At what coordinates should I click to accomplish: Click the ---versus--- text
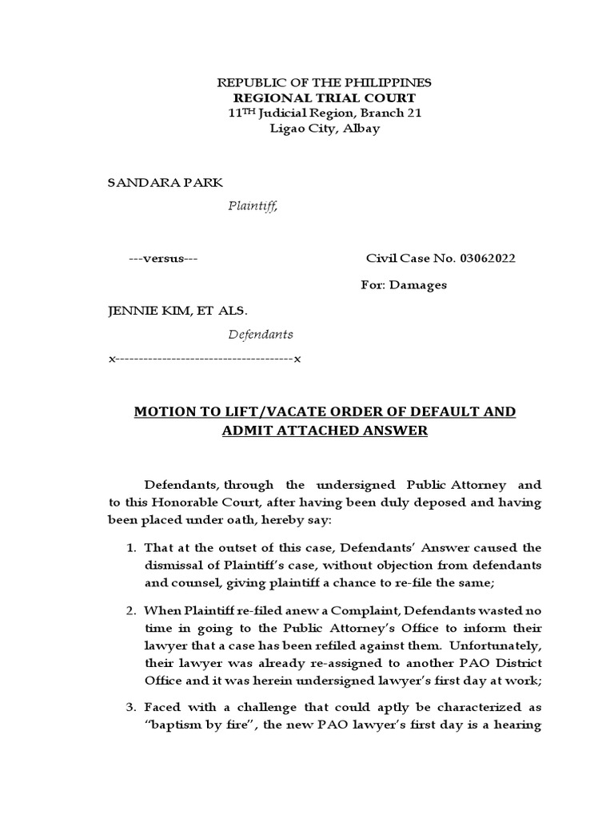(164, 258)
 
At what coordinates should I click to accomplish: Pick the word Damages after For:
(418, 284)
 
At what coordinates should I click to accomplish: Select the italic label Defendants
(261, 334)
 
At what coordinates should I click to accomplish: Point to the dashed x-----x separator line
(204, 359)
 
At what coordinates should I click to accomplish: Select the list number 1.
(132, 548)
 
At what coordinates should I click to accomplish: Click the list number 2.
(132, 611)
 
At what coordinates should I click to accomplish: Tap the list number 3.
(132, 706)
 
